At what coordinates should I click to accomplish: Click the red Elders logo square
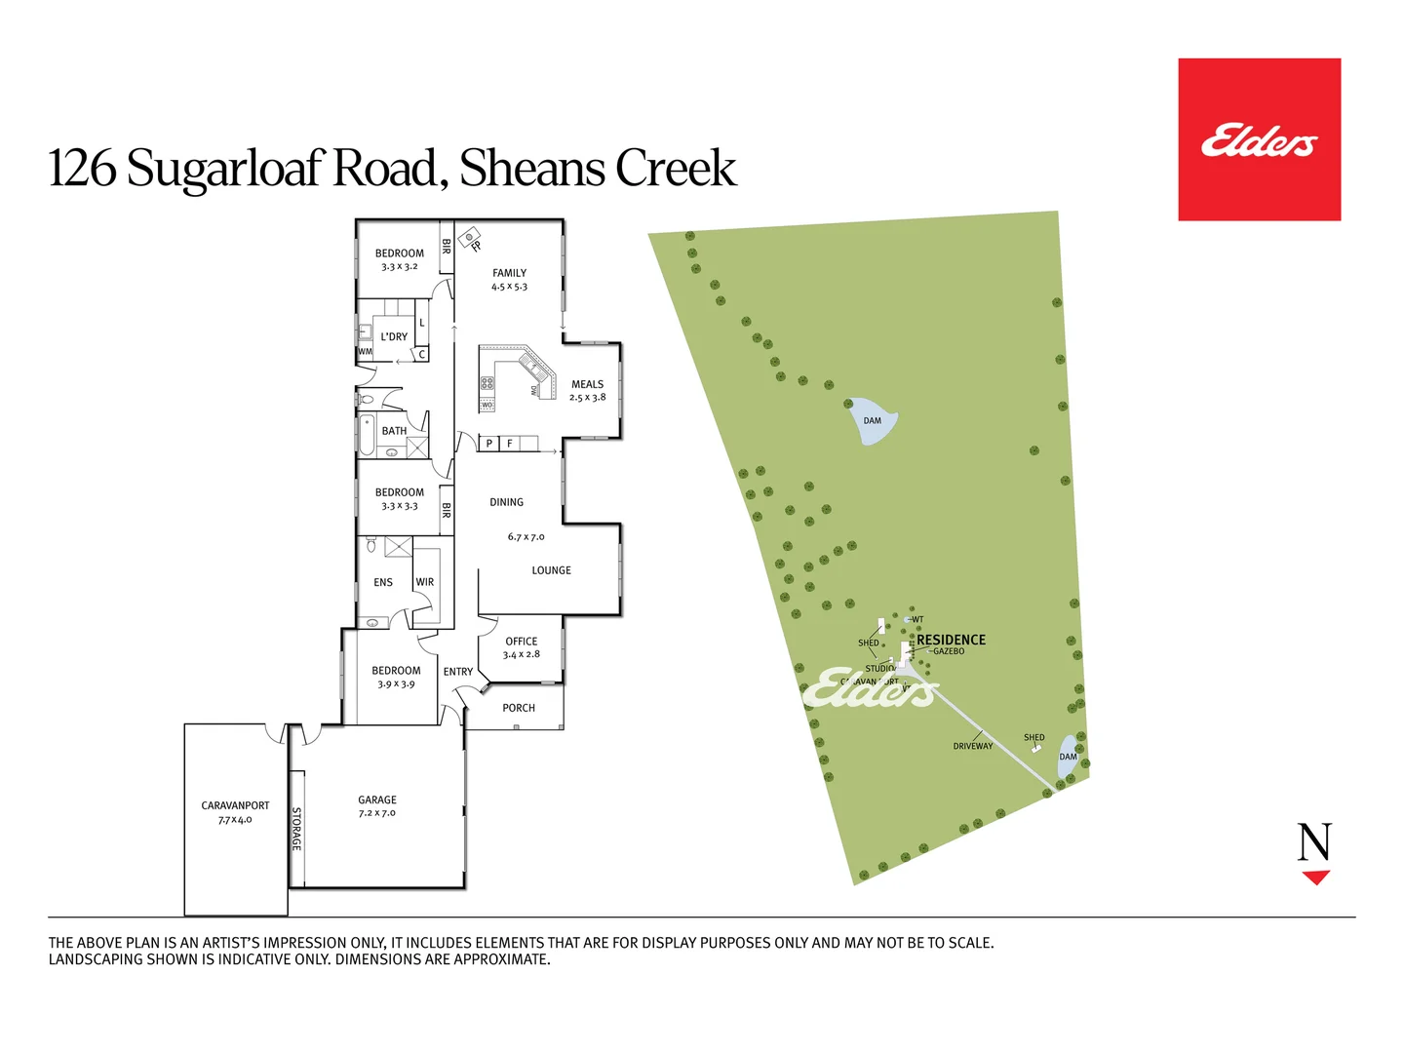[1259, 139]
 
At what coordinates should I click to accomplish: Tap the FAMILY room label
[509, 274]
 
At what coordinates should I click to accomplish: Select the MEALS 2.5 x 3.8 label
[588, 390]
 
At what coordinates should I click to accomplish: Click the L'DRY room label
[394, 337]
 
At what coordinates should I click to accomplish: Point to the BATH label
[394, 431]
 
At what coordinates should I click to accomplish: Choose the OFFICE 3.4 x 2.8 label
[522, 647]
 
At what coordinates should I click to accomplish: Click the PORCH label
[519, 708]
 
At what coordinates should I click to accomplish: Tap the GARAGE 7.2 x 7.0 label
[377, 805]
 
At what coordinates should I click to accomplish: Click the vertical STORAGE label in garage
[296, 829]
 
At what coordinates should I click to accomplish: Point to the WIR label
[425, 582]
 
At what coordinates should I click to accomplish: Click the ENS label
[383, 583]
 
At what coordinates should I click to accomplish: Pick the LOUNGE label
[551, 570]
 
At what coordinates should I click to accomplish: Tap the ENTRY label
[458, 672]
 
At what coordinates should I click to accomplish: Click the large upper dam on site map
[871, 420]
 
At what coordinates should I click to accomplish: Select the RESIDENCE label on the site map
[951, 640]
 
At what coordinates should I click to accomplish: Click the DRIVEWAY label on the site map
[973, 746]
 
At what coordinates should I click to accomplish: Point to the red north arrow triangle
[1316, 877]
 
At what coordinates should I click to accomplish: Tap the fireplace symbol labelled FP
[471, 237]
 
